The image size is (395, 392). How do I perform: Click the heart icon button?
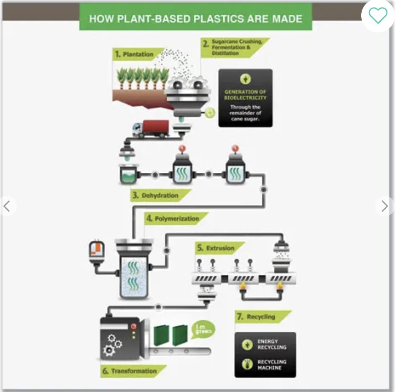click(x=378, y=16)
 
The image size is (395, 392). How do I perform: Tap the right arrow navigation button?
click(x=384, y=206)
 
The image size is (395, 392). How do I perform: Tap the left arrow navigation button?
click(x=7, y=206)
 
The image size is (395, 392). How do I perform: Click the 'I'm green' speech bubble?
click(x=203, y=329)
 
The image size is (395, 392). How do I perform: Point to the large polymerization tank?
click(x=133, y=271)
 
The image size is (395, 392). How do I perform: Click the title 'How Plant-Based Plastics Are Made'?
click(x=196, y=19)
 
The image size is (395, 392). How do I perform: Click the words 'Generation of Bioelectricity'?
click(x=245, y=95)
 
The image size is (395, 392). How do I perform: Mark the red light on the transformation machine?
click(x=135, y=326)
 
